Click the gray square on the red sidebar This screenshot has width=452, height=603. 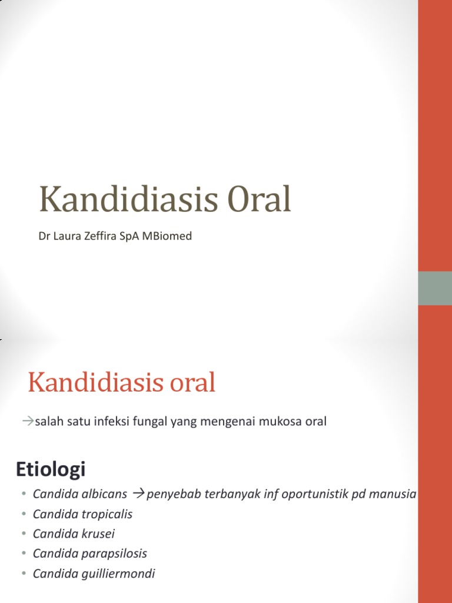tap(435, 289)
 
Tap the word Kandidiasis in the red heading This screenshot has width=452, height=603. tap(94, 384)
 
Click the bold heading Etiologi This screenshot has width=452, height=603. tap(51, 470)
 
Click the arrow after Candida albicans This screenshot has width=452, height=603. tap(139, 493)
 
